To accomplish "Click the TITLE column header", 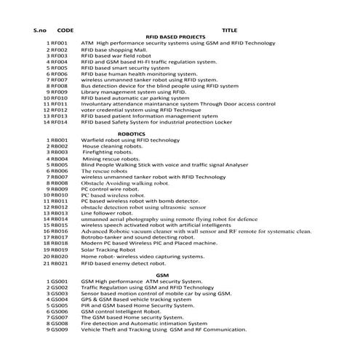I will pyautogui.click(x=228, y=30).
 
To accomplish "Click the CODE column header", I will pyautogui.click(x=65, y=30).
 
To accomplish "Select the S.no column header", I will pyautogui.click(x=39, y=30).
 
